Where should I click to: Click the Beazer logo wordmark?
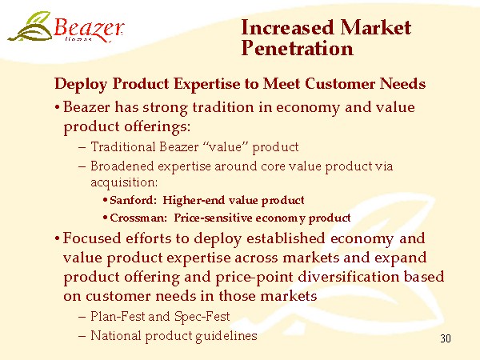tap(89, 29)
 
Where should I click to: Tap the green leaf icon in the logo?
tap(30, 26)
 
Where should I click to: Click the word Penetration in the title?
tap(297, 48)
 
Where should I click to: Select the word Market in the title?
tap(376, 27)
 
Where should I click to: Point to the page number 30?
tap(446, 338)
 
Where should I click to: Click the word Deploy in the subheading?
tap(81, 84)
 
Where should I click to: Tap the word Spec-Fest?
tap(202, 317)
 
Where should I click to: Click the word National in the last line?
tap(116, 335)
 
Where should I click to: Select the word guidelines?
tap(226, 336)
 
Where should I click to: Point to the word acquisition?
tap(124, 182)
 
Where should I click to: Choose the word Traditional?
tap(123, 146)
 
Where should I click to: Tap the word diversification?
tap(348, 277)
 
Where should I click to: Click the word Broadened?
tap(122, 166)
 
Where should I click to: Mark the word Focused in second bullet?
tap(92, 238)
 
